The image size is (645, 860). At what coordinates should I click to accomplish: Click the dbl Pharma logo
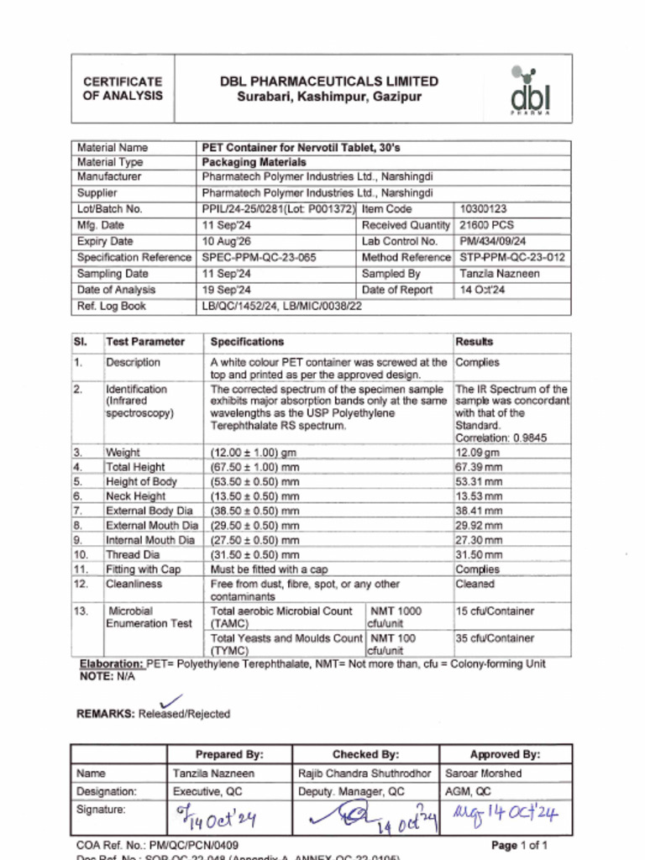[531, 90]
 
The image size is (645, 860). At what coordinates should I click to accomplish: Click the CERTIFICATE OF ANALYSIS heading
[123, 88]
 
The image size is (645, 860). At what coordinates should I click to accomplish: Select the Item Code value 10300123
[483, 209]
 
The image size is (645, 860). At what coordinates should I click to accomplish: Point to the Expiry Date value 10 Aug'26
[227, 241]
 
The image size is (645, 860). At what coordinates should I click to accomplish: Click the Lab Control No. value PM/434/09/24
[493, 241]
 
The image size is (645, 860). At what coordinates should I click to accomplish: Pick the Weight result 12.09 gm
[477, 453]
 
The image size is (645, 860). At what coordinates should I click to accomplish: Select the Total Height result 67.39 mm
[479, 467]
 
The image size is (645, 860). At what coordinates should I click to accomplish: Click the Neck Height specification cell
[254, 496]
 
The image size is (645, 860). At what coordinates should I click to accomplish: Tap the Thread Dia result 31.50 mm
[479, 555]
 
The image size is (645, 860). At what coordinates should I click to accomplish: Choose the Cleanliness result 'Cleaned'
[475, 584]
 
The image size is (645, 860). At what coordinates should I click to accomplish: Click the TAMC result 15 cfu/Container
[495, 611]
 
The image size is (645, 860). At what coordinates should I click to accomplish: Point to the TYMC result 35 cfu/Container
[495, 638]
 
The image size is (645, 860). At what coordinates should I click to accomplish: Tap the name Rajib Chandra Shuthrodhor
[364, 773]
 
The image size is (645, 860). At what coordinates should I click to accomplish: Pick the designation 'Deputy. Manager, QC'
[351, 791]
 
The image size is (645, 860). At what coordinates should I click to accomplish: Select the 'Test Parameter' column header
[145, 342]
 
